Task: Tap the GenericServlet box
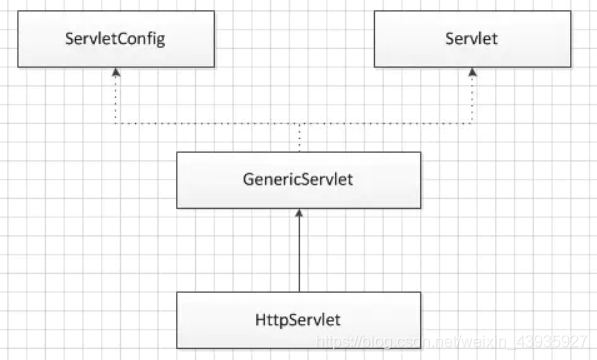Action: (x=298, y=180)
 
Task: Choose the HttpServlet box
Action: (x=298, y=320)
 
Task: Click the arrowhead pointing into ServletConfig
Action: (x=115, y=73)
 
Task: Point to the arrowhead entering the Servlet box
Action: (x=472, y=73)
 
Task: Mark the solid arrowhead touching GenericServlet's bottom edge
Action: (x=298, y=214)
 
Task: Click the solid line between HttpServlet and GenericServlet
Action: (x=298, y=255)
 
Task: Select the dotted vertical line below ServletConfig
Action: (x=115, y=100)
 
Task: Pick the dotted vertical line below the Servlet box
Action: (x=472, y=100)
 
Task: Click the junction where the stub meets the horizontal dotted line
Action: (x=298, y=124)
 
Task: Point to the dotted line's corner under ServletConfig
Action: (x=115, y=124)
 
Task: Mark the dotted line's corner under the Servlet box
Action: (x=472, y=124)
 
